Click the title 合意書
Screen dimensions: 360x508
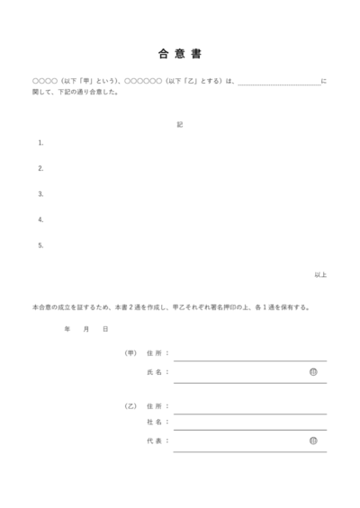pyautogui.click(x=179, y=53)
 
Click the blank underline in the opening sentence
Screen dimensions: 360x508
pyautogui.click(x=278, y=83)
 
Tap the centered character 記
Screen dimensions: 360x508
pyautogui.click(x=180, y=124)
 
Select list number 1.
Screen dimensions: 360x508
pyautogui.click(x=40, y=143)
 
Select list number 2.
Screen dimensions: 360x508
pyautogui.click(x=40, y=168)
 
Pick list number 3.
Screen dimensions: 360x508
pyautogui.click(x=40, y=193)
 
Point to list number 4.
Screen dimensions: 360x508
pyautogui.click(x=40, y=218)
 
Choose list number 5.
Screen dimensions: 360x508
pyautogui.click(x=40, y=245)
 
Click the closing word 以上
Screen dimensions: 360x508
pyautogui.click(x=320, y=274)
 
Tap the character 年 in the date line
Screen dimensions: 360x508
pyautogui.click(x=67, y=329)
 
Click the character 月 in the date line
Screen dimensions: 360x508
pyautogui.click(x=85, y=329)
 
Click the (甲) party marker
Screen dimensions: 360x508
pyautogui.click(x=130, y=353)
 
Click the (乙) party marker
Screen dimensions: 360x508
pyautogui.click(x=130, y=406)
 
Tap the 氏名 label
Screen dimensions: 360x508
pyautogui.click(x=154, y=371)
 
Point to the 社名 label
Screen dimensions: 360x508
pyautogui.click(x=154, y=423)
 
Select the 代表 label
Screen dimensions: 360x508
pyautogui.click(x=154, y=441)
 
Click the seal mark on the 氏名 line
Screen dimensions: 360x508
pyautogui.click(x=313, y=371)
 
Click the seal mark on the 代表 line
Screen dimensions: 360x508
pyautogui.click(x=313, y=441)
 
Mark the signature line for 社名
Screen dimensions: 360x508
pyautogui.click(x=249, y=430)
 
